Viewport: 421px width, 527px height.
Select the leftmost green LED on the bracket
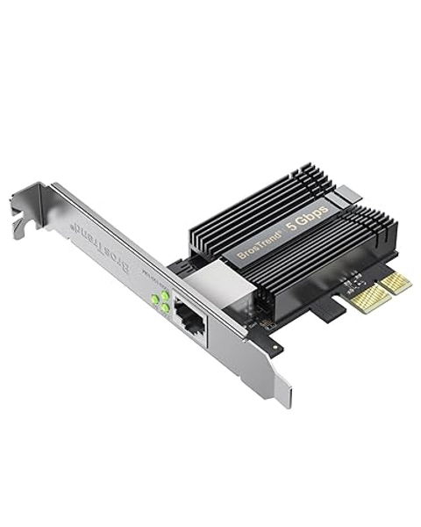point(154,301)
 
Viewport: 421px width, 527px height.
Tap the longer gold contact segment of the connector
point(396,283)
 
